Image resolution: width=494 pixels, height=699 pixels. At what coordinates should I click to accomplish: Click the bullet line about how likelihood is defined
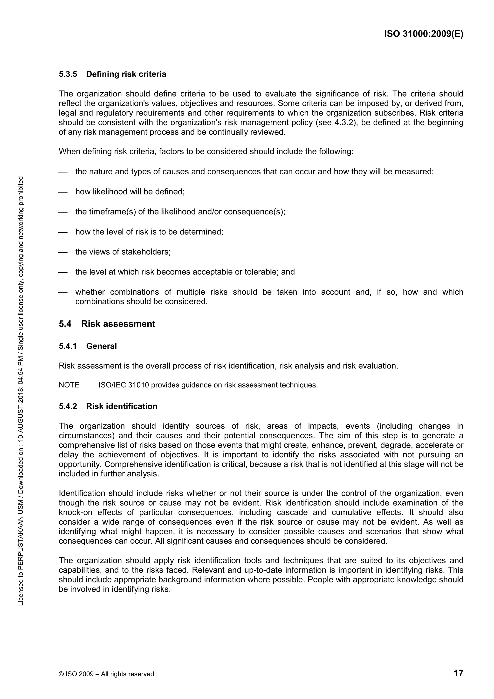click(x=130, y=192)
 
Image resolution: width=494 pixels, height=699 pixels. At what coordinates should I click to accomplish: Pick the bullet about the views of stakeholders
click(x=123, y=252)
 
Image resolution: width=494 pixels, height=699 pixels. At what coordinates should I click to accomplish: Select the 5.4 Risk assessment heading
click(x=107, y=324)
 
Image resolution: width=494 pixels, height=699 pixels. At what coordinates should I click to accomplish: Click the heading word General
click(x=101, y=346)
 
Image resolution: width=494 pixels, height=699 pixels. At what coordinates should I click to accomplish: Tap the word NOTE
click(x=69, y=385)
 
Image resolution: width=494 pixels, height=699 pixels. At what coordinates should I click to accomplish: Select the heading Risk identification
click(x=122, y=406)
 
